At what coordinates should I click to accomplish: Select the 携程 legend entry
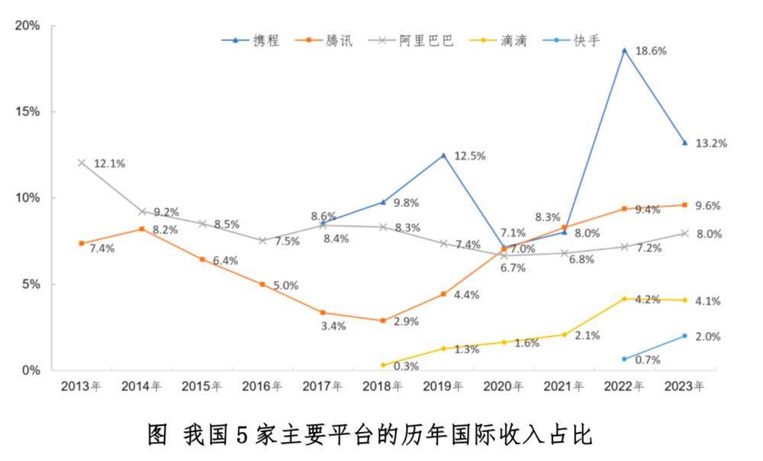pos(256,40)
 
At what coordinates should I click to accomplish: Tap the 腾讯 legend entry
pos(329,40)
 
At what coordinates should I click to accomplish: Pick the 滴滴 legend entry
pos(500,40)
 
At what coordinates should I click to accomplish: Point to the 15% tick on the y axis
pos(28,112)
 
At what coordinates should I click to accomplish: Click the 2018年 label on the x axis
pos(382,387)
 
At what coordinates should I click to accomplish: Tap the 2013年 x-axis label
pos(81,387)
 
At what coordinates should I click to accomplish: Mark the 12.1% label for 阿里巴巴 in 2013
pos(109,163)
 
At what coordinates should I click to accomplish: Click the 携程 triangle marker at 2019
pos(443,155)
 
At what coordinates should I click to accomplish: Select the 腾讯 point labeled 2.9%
pos(383,321)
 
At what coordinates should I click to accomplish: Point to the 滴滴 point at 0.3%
pos(383,365)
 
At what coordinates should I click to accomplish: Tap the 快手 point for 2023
pos(684,336)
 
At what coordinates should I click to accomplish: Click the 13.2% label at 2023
pos(711,143)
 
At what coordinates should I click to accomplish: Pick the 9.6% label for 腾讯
pos(707,206)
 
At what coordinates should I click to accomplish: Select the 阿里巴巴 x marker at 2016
pos(262,241)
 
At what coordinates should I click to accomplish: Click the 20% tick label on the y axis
pos(28,26)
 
